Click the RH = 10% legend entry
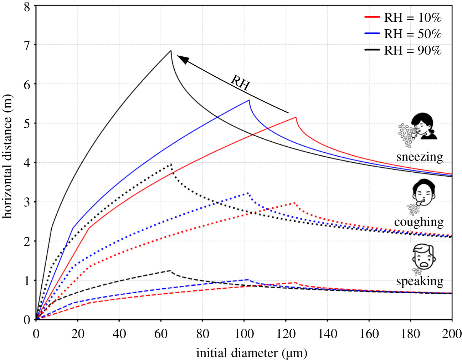coord(403,17)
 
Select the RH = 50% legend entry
coord(403,34)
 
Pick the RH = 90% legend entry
coord(403,50)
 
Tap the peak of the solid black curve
coord(171,50)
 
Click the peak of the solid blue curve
coord(249,100)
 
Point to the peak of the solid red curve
coord(296,117)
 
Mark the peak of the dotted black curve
coord(171,164)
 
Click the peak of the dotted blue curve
coord(248,193)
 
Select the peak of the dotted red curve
coord(295,203)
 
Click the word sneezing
coord(420,157)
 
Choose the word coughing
coord(419,222)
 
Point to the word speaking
coord(420,281)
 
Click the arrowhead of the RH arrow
coord(182,58)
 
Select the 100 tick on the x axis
coord(244,334)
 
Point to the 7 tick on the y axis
coord(27,45)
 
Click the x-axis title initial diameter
coord(251,353)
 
